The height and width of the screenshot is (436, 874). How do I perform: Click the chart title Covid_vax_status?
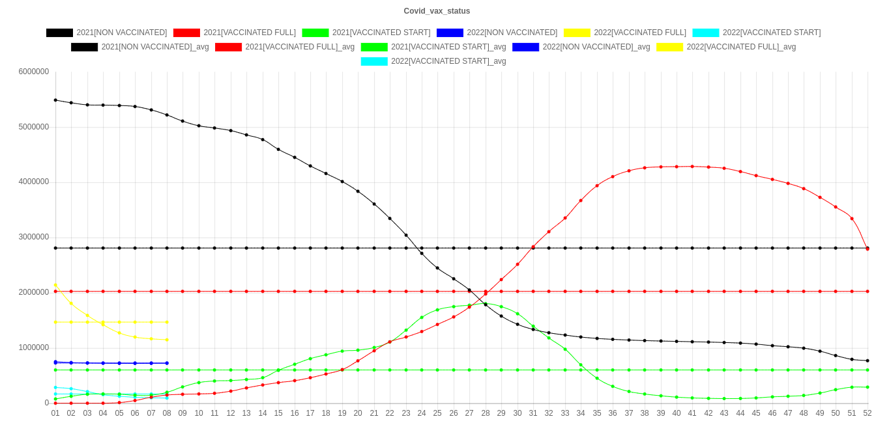(x=437, y=11)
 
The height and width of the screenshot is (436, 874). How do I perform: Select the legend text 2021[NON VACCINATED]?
(x=122, y=33)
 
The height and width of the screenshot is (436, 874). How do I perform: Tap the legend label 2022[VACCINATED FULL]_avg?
(x=741, y=47)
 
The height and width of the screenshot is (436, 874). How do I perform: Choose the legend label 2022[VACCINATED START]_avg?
(x=448, y=61)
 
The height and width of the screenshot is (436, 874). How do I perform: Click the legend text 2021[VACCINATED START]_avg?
(x=448, y=47)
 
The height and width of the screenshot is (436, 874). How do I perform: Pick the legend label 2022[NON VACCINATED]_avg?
(x=596, y=47)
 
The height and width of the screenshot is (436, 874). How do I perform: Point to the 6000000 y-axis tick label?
(x=34, y=71)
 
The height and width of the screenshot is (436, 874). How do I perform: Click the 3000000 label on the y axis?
(x=34, y=237)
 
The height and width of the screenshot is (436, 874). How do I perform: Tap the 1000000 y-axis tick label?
(x=34, y=347)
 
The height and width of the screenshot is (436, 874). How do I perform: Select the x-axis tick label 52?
(x=867, y=413)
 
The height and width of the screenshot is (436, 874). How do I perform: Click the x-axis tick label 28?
(x=485, y=413)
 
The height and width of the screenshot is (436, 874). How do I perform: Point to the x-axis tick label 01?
(x=55, y=413)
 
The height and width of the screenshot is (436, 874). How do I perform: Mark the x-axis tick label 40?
(x=677, y=413)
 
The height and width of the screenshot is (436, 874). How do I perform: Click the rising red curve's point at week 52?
(x=867, y=249)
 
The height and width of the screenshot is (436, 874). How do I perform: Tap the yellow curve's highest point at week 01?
(x=55, y=285)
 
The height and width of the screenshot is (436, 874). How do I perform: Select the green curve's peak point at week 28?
(x=485, y=303)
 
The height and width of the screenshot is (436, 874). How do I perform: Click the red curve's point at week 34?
(x=581, y=200)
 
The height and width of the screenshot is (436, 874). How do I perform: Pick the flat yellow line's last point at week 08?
(x=167, y=322)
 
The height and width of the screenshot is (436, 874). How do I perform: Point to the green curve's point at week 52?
(x=867, y=387)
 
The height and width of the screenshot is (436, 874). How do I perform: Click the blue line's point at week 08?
(x=167, y=363)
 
